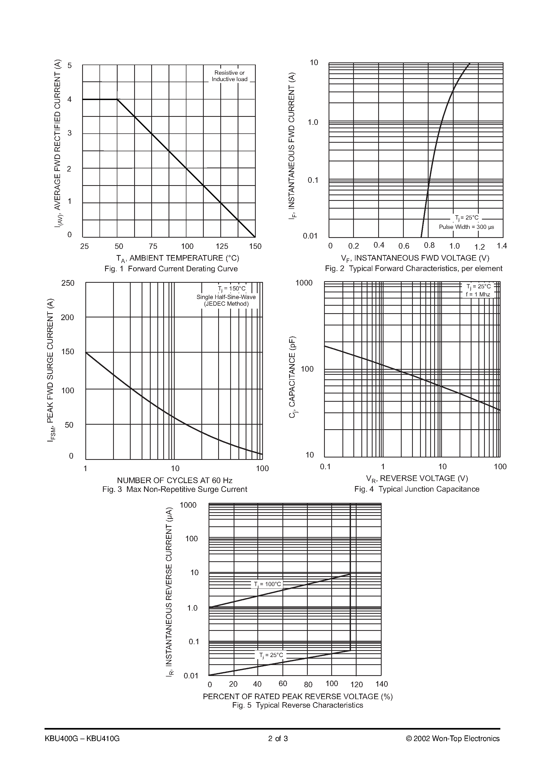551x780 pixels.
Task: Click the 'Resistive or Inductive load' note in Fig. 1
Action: (229, 76)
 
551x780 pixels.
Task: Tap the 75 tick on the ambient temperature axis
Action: (153, 246)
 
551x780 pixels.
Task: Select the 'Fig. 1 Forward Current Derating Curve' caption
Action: (171, 269)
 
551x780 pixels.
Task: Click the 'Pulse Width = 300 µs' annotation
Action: (466, 227)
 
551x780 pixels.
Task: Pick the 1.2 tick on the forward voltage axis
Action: (479, 247)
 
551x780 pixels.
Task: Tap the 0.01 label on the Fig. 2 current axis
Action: (310, 236)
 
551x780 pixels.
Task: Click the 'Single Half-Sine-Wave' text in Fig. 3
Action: (226, 297)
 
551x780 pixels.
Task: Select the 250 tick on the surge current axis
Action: (67, 283)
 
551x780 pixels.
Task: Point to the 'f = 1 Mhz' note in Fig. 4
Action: (478, 294)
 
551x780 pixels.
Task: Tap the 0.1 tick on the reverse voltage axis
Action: (325, 467)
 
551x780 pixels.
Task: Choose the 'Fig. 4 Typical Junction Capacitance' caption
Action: (417, 489)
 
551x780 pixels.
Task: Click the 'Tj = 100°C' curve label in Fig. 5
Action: (268, 584)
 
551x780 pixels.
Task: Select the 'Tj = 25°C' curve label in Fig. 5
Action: (271, 655)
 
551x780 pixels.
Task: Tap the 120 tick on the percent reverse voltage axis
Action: (356, 684)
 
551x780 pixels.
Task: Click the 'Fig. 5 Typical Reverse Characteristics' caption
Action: (298, 705)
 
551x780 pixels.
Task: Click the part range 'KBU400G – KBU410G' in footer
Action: (82, 739)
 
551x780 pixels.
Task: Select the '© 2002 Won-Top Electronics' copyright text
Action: (453, 739)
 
